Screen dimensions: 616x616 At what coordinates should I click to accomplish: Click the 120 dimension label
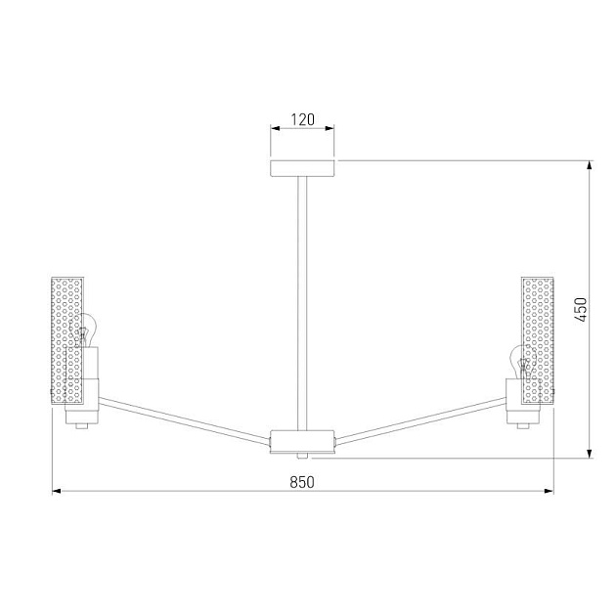coord(302,120)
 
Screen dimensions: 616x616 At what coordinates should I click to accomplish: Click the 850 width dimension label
coord(302,480)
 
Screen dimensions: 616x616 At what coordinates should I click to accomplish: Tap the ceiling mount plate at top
coord(302,167)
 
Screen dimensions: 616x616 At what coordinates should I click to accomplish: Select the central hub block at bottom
coord(302,440)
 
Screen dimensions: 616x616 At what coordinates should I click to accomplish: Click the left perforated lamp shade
coord(67,337)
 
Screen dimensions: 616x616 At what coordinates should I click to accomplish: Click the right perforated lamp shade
coord(538,337)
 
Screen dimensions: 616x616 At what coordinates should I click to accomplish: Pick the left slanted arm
coord(186,417)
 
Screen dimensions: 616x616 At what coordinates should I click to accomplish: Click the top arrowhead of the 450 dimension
coord(591,165)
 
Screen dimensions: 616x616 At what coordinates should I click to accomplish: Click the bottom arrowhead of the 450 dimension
coord(591,452)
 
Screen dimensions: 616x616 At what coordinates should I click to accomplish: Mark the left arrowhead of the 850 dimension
coord(57,491)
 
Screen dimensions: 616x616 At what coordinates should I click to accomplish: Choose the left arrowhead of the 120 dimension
coord(274,129)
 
